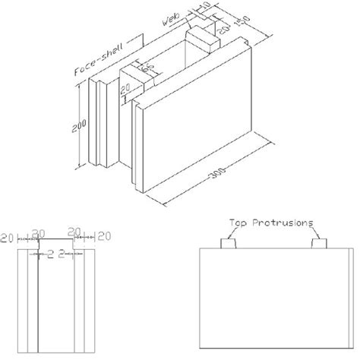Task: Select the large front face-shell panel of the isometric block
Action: point(197,129)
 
